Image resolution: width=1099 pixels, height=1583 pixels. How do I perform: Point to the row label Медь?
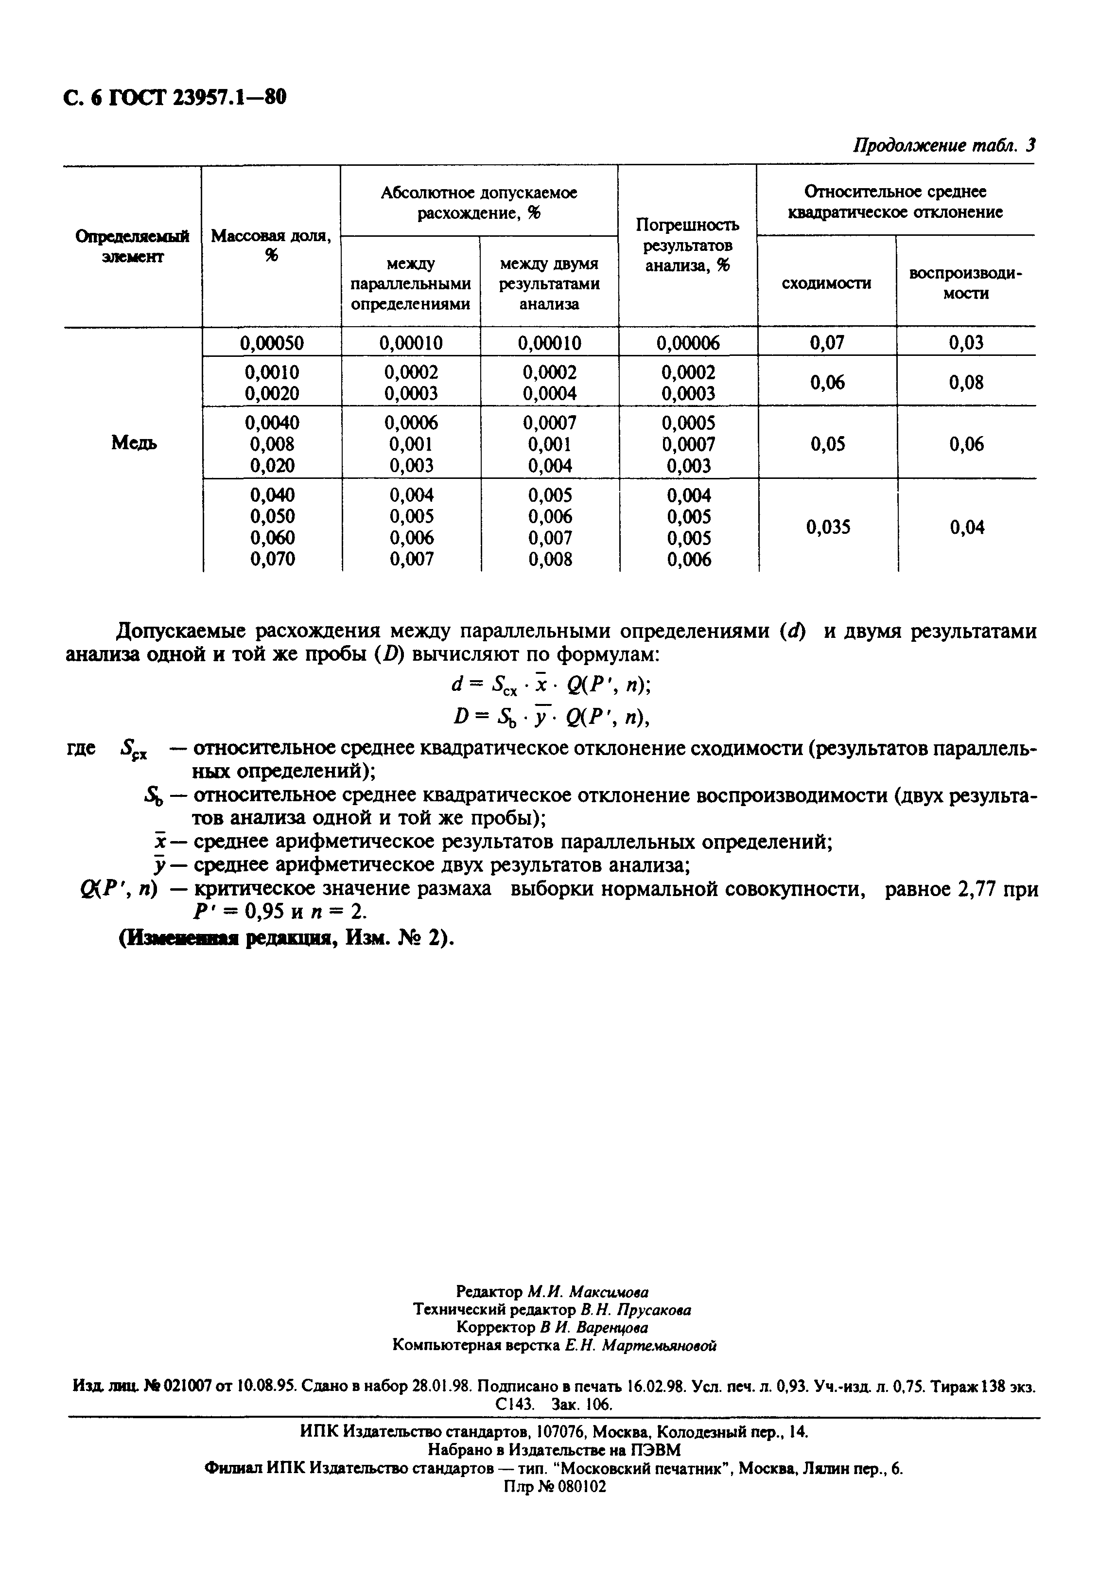pyautogui.click(x=134, y=443)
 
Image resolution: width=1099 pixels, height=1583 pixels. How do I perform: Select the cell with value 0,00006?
pyautogui.click(x=688, y=342)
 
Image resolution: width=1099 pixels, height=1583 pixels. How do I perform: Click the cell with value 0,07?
pyautogui.click(x=827, y=342)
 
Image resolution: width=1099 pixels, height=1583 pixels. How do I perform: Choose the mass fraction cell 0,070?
pyautogui.click(x=273, y=559)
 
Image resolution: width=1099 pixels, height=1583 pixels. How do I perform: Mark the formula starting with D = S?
pyautogui.click(x=551, y=718)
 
